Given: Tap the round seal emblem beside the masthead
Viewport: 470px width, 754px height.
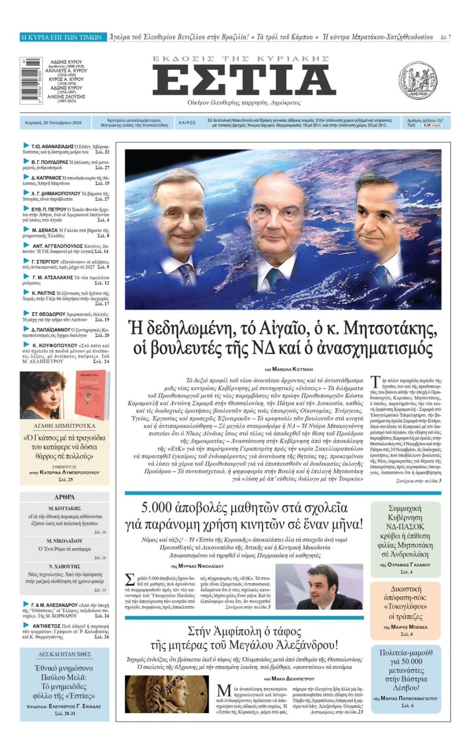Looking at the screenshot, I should pyautogui.click(x=418, y=80).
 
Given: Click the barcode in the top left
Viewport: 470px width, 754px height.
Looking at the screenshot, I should pyautogui.click(x=31, y=80).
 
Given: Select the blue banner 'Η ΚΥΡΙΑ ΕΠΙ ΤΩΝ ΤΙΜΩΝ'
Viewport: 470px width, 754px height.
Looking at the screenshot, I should pyautogui.click(x=62, y=37).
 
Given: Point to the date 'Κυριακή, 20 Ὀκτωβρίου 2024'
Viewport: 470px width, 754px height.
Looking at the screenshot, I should pyautogui.click(x=53, y=123).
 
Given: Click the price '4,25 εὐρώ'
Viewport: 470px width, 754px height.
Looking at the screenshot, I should pyautogui.click(x=431, y=125).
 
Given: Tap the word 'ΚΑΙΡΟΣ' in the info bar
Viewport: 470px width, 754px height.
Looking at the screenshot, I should pyautogui.click(x=187, y=123).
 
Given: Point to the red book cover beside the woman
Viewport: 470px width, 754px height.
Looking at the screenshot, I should pyautogui.click(x=92, y=395).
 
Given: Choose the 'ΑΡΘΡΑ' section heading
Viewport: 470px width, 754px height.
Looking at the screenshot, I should pyautogui.click(x=64, y=497).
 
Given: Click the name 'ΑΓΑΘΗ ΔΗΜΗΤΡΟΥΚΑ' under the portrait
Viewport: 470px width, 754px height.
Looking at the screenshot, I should pyautogui.click(x=64, y=426).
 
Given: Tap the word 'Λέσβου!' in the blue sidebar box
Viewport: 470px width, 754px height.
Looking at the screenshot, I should pyautogui.click(x=405, y=688).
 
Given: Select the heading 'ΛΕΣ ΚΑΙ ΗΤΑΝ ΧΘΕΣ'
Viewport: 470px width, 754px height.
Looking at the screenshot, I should pyautogui.click(x=64, y=654).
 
